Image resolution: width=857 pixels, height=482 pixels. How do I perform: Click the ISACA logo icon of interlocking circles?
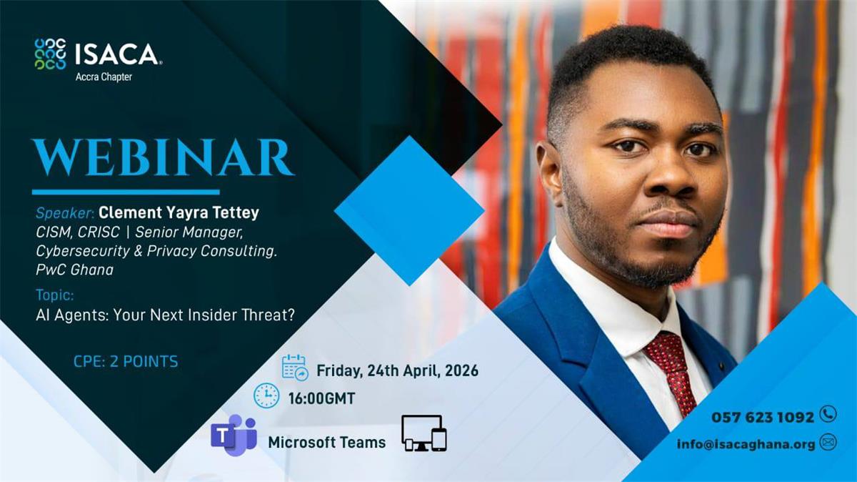pos(50,54)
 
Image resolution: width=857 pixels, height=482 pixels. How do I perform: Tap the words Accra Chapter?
pos(104,77)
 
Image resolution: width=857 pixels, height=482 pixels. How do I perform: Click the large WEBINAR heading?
pos(164,157)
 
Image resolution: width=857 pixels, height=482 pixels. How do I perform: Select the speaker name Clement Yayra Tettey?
pos(179,212)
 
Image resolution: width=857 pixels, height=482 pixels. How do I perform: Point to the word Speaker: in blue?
pos(65,213)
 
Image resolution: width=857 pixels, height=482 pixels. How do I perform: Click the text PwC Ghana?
pos(74,270)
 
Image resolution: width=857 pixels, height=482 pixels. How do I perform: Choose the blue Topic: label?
pos(55,295)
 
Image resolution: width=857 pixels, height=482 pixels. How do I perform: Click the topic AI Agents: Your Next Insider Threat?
pos(165,315)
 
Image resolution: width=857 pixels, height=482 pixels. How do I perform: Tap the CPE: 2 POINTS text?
pos(126,362)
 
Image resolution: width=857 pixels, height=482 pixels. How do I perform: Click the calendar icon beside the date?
pos(295,368)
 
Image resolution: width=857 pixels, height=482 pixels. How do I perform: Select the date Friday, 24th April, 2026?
pos(398,371)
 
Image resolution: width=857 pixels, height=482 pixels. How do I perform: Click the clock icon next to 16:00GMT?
pos(266,395)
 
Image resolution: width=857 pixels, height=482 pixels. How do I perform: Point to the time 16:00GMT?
pos(322,398)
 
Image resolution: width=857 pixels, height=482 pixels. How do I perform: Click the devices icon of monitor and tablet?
pos(424,433)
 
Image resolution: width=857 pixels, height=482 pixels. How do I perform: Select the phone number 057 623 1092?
pos(763,417)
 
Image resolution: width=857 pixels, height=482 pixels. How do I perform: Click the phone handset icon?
pos(828,414)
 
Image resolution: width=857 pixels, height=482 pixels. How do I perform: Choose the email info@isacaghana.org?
pos(746,444)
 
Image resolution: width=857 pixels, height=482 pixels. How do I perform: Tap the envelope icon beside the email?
pos(828,443)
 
